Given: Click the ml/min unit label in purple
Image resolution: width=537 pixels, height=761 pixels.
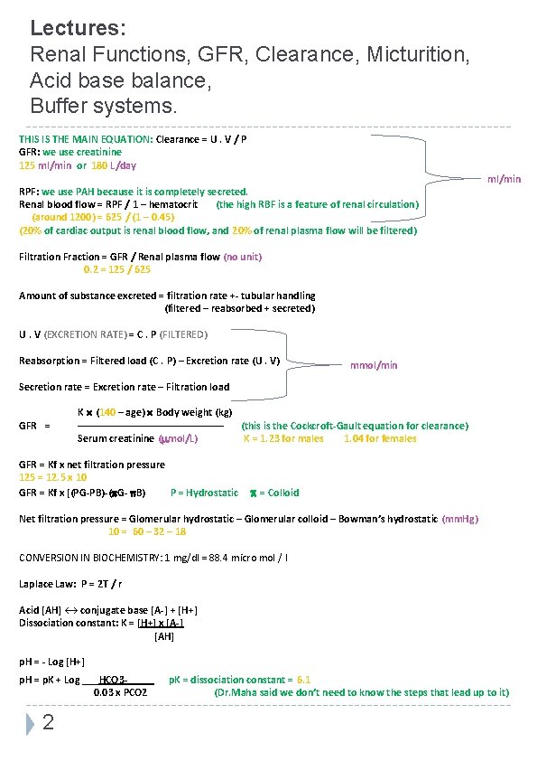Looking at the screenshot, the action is coord(504,179).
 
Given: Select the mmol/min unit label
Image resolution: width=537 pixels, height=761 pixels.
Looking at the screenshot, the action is coord(373,365).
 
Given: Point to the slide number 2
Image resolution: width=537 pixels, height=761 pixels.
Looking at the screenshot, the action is coord(49,722).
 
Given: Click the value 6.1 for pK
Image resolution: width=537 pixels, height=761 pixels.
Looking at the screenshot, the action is coord(303,679).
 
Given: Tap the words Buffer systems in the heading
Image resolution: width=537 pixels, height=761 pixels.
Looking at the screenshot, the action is coord(105,107).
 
